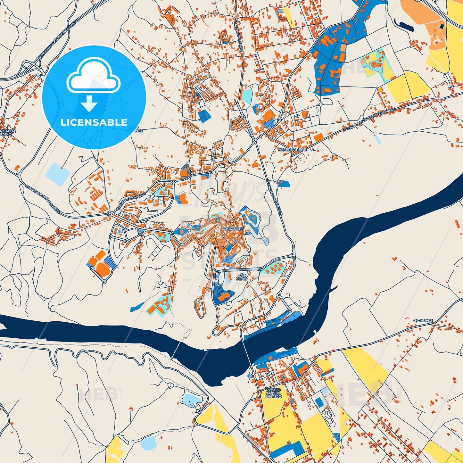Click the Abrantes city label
(x=233, y=229)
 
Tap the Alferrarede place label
(x=292, y=150)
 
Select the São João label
(x=242, y=277)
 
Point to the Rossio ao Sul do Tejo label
(x=273, y=393)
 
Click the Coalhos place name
(x=423, y=320)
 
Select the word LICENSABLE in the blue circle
(x=94, y=122)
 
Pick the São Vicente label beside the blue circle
(x=137, y=129)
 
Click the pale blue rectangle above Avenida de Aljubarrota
(x=57, y=174)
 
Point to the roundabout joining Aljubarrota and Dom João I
(x=110, y=213)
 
